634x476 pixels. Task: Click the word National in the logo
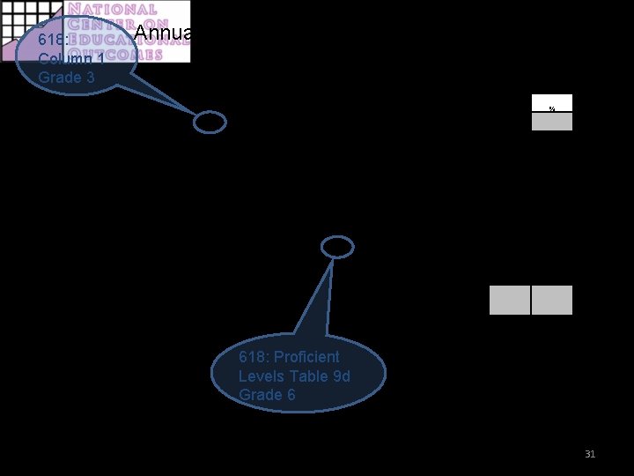pyautogui.click(x=114, y=11)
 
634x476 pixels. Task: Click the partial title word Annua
pyautogui.click(x=164, y=34)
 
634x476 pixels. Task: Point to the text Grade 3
pyautogui.click(x=66, y=78)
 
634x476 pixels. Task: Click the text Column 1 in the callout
pyautogui.click(x=71, y=59)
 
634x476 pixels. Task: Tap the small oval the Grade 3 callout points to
pyautogui.click(x=210, y=123)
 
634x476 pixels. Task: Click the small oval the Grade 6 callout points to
pyautogui.click(x=337, y=248)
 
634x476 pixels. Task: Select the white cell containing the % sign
pyautogui.click(x=552, y=103)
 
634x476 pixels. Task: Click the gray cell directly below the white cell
pyautogui.click(x=552, y=122)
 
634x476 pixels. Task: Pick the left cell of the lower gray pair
pyautogui.click(x=510, y=300)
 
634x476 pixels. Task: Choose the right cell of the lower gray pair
pyautogui.click(x=552, y=300)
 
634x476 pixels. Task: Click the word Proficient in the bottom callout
pyautogui.click(x=306, y=357)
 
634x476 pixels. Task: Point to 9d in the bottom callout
pyautogui.click(x=339, y=376)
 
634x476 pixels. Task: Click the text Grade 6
pyautogui.click(x=267, y=395)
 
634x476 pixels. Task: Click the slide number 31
pyautogui.click(x=590, y=454)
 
